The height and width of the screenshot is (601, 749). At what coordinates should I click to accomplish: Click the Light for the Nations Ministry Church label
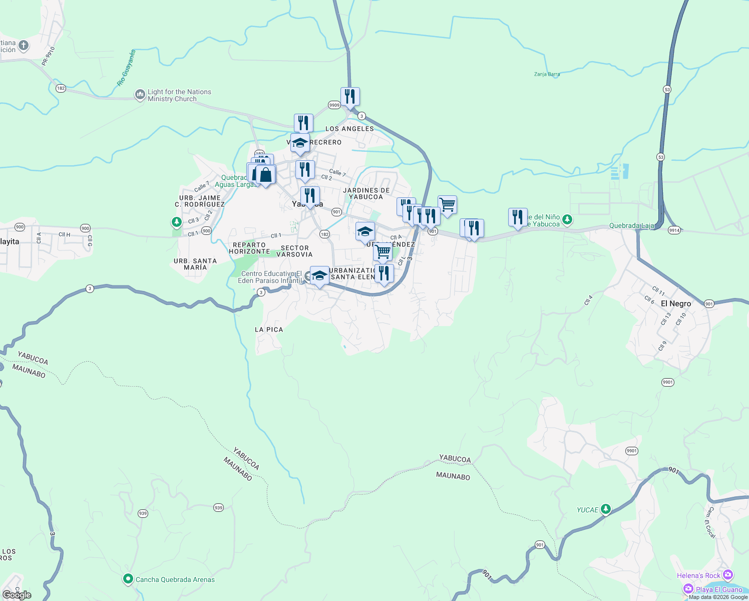tap(179, 95)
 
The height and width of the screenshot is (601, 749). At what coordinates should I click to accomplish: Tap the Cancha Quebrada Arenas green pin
tap(128, 579)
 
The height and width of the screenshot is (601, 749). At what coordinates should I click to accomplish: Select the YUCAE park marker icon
tap(606, 509)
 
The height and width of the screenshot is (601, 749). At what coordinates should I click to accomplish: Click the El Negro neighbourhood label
tap(675, 304)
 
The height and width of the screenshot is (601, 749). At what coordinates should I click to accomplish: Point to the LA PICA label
tap(269, 330)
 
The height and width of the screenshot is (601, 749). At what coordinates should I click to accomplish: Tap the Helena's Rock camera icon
tap(728, 575)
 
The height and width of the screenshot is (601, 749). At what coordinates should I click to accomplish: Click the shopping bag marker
tap(265, 175)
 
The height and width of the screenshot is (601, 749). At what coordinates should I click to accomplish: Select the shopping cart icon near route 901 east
tap(447, 204)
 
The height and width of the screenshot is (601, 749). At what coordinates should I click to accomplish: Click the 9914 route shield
tap(674, 230)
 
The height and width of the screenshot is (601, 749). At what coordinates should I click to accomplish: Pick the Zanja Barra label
tap(547, 74)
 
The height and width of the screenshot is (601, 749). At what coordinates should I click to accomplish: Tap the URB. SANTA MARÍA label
tap(195, 264)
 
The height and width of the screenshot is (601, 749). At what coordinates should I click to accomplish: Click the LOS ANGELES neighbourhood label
tap(349, 129)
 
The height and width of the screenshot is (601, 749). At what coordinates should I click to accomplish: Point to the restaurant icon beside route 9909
tap(350, 96)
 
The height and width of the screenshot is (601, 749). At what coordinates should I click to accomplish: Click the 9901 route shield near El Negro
tap(667, 382)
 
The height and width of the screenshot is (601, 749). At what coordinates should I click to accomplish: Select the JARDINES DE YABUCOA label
tap(366, 193)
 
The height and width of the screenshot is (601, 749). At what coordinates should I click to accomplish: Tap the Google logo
tap(17, 595)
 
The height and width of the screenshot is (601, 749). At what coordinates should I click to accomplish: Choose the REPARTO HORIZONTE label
tap(249, 248)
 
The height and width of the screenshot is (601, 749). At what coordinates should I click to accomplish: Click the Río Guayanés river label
tap(127, 68)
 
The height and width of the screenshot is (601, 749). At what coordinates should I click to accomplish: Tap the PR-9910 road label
tap(49, 56)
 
